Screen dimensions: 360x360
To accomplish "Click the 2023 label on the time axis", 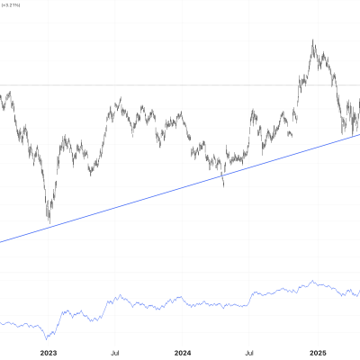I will tap(48, 354).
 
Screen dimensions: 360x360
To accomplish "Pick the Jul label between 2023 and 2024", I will tap(115, 354).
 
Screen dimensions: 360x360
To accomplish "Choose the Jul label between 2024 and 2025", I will tap(251, 354).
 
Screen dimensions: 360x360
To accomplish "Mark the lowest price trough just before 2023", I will tap(49, 221).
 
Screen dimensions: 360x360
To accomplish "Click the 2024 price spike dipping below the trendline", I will tap(223, 185).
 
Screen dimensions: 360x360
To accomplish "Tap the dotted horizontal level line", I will tap(180, 85).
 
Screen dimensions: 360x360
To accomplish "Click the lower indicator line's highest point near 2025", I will tap(311, 281).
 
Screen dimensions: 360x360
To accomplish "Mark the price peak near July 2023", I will tap(120, 102).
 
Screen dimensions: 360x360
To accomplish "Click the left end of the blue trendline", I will tap(1, 241).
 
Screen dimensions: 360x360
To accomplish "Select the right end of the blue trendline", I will tap(359, 134).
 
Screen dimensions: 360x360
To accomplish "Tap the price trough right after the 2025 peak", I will tap(343, 134).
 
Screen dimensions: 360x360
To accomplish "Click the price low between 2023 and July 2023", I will tap(90, 174).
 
